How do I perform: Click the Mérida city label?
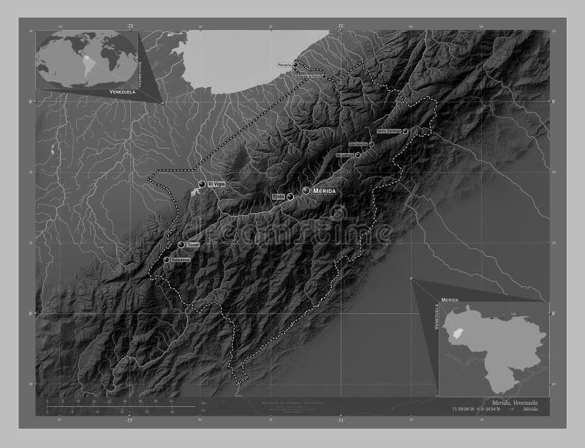(324, 190)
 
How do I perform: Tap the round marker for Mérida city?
(306, 190)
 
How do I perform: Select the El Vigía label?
(215, 184)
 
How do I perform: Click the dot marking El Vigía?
(202, 184)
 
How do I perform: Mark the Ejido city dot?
(290, 196)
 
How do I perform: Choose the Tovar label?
(193, 244)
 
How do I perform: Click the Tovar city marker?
(181, 244)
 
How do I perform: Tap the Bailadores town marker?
(167, 260)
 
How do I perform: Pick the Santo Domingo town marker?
(405, 131)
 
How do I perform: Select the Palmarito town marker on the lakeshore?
(295, 63)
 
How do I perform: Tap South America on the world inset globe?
(88, 59)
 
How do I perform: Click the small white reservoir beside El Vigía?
(193, 193)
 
